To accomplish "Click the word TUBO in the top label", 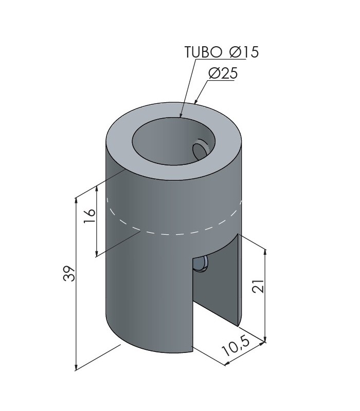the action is pyautogui.click(x=203, y=52).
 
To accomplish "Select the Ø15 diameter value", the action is pyautogui.click(x=244, y=52).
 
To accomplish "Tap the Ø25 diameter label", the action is pyautogui.click(x=223, y=73).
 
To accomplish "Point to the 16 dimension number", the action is pyautogui.click(x=89, y=216).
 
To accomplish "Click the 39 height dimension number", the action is pyautogui.click(x=69, y=274).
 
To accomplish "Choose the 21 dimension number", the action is pyautogui.click(x=258, y=286).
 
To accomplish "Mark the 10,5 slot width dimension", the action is pyautogui.click(x=236, y=346).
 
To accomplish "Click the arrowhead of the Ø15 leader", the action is pyautogui.click(x=181, y=114).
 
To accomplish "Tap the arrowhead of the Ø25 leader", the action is pyautogui.click(x=196, y=101).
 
